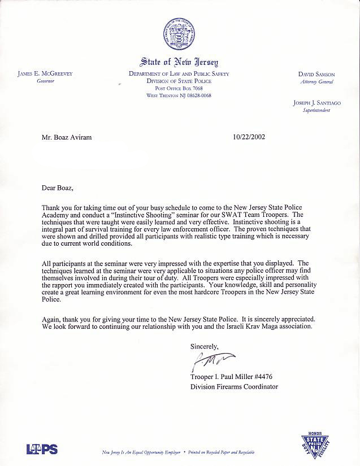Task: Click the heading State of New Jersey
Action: tap(179, 62)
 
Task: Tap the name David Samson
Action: tap(316, 74)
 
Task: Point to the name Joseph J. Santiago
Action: tap(311, 103)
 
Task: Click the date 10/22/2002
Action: tap(249, 136)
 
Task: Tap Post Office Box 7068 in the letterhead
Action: tap(179, 89)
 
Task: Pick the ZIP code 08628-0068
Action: tap(197, 95)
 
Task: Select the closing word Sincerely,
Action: tap(204, 346)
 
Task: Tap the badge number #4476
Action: tap(267, 377)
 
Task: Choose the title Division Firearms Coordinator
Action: tap(234, 386)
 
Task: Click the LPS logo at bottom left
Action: tap(42, 449)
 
